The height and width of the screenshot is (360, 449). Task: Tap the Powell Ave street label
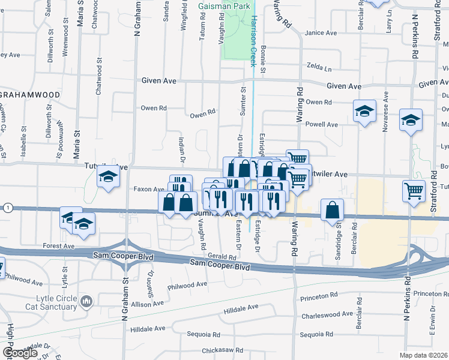coord(322,125)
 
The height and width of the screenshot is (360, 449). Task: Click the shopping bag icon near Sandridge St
coord(332,210)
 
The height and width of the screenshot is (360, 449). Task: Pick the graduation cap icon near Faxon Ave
coord(108,177)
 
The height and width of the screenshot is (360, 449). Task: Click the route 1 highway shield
coord(7,208)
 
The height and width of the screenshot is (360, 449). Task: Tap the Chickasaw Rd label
coord(222,350)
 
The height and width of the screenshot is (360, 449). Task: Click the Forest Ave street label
coord(58,246)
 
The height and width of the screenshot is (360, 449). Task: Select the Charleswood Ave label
coord(327,314)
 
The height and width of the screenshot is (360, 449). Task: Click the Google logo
coord(20,353)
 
